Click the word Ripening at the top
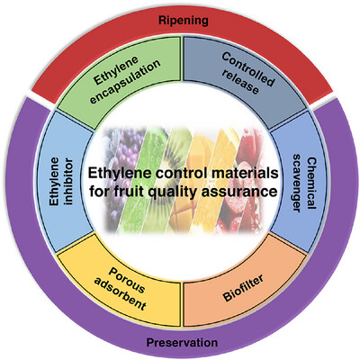[179, 17]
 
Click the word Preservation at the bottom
[179, 342]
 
